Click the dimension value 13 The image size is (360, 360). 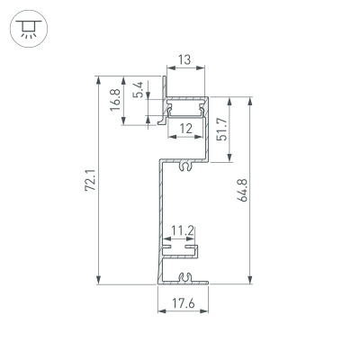click(184, 60)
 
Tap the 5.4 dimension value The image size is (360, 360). click(137, 92)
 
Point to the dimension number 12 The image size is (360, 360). click(184, 129)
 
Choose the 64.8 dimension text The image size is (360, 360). click(242, 192)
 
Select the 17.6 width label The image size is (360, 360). click(184, 303)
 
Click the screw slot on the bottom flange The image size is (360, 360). click(184, 277)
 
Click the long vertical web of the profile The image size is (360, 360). click(160, 216)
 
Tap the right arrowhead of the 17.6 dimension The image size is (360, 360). click(207, 312)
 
